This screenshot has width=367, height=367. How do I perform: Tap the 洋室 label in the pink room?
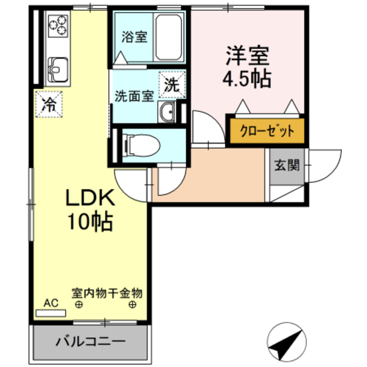tap(247, 56)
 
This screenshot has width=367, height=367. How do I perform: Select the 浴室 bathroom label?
tap(135, 38)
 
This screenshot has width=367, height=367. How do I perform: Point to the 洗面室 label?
tap(134, 96)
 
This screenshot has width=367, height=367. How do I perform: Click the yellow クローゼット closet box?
tap(267, 130)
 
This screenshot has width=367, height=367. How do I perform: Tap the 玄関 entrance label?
tap(286, 166)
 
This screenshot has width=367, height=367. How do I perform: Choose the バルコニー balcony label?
tap(90, 342)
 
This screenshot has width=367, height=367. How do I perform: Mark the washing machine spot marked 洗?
tap(173, 84)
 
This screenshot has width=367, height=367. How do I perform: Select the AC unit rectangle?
tap(51, 313)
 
